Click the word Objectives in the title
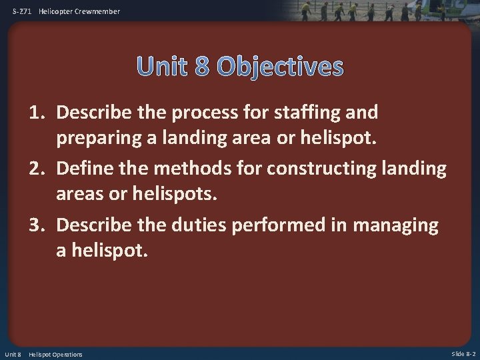281,67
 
